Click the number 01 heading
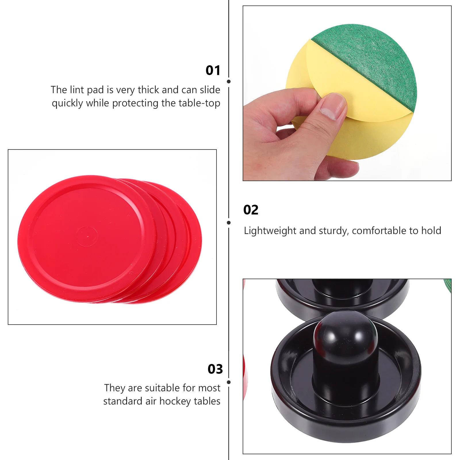(x=213, y=70)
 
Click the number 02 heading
(x=251, y=210)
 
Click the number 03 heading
(x=215, y=369)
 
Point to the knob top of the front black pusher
(x=345, y=331)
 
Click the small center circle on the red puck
(x=87, y=236)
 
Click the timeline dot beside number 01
(x=229, y=82)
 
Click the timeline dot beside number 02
(x=229, y=223)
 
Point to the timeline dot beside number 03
(x=229, y=382)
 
